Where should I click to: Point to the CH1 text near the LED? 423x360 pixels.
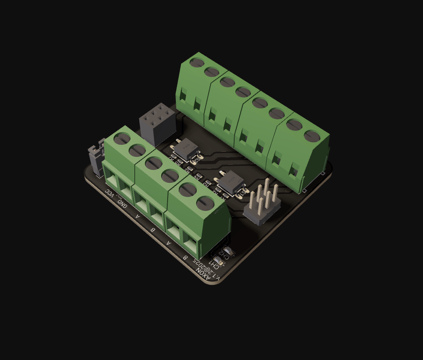coord(214,264)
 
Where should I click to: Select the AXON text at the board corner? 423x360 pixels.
coord(204,274)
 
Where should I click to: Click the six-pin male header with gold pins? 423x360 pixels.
coord(262,205)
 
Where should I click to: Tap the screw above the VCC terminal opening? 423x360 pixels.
coord(122,138)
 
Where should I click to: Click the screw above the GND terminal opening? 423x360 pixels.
coord(137,150)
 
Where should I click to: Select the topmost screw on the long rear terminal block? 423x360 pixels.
coord(197,62)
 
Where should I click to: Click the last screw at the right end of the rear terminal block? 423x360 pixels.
coord(312,136)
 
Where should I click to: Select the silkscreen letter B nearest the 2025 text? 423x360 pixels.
coord(185,258)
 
